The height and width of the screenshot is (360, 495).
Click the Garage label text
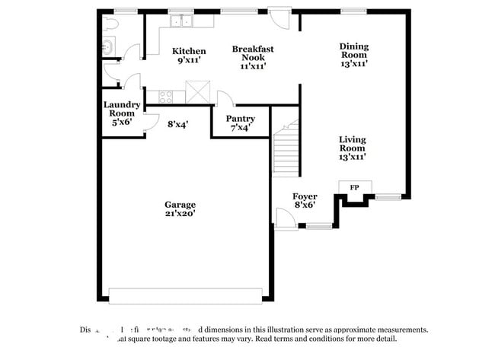pos(180,204)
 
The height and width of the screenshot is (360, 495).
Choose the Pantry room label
pos(240,119)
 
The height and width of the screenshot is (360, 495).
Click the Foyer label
pos(305,197)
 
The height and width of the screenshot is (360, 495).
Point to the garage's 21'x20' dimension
pos(180,214)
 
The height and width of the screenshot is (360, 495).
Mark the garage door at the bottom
pos(186,295)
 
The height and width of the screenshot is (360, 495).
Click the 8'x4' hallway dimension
pos(177,123)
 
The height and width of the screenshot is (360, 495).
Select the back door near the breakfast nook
pos(279,18)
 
